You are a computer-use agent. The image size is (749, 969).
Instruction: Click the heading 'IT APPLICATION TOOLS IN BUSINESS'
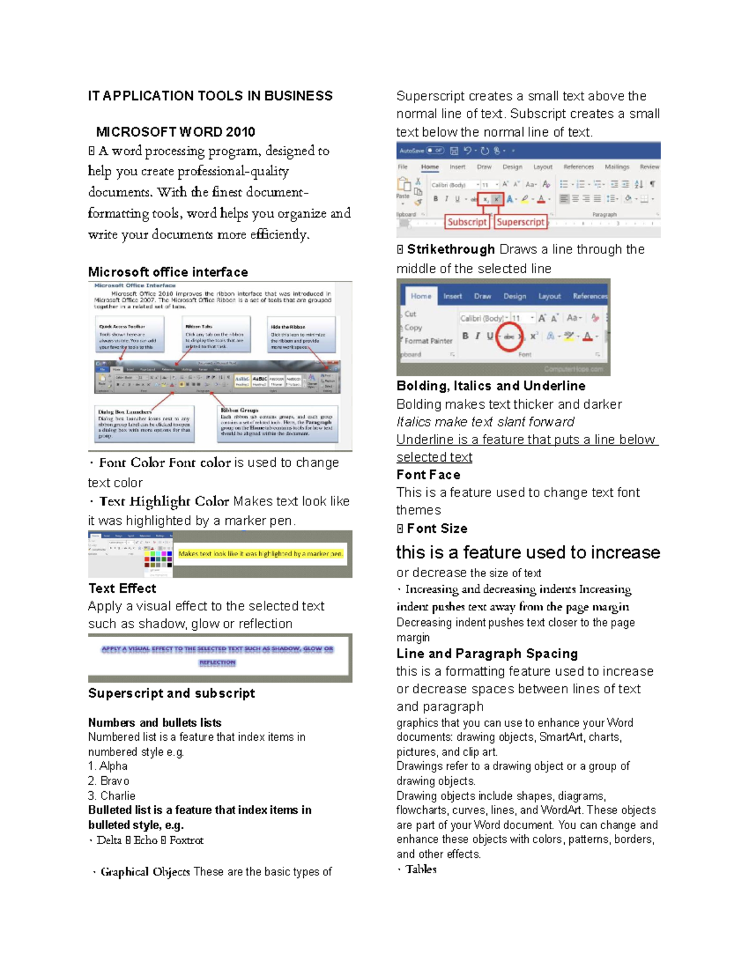[x=210, y=96]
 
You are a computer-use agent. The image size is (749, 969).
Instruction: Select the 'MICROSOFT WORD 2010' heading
[x=175, y=132]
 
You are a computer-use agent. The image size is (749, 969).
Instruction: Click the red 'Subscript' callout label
[x=466, y=222]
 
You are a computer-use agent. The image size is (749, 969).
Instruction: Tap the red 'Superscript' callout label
[x=521, y=222]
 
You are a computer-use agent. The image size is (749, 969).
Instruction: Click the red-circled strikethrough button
[x=509, y=336]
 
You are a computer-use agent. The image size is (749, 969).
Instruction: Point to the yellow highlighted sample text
[x=260, y=553]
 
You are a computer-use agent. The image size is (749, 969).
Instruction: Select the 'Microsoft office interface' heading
[x=168, y=273]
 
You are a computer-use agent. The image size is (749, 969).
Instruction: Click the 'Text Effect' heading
[x=122, y=588]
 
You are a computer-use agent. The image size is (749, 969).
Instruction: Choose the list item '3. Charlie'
[x=112, y=796]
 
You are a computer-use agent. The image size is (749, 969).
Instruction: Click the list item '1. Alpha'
[x=108, y=766]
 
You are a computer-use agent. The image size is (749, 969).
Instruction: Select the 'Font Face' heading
[x=428, y=475]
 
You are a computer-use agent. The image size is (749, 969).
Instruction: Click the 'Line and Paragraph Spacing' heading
[x=487, y=654]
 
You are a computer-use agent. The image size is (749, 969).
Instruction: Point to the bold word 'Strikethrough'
[x=451, y=250]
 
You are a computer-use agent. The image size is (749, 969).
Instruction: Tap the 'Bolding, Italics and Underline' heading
[x=491, y=386]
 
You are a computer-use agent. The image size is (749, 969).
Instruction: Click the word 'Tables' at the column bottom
[x=421, y=870]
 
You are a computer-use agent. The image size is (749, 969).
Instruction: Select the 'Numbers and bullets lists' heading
[x=155, y=723]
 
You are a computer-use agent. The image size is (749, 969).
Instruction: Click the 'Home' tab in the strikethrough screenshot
[x=421, y=296]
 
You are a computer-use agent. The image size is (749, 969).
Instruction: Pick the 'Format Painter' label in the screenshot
[x=428, y=341]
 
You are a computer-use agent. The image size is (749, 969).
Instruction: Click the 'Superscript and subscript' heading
[x=172, y=694]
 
